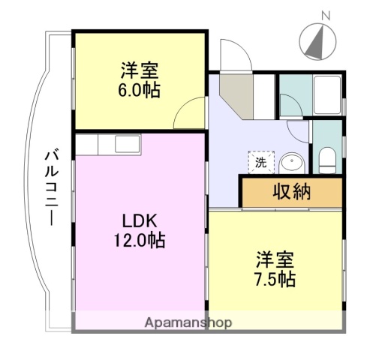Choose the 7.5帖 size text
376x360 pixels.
point(274,279)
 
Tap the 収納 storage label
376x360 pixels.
point(290,192)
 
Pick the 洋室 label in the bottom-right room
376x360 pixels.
point(274,260)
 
